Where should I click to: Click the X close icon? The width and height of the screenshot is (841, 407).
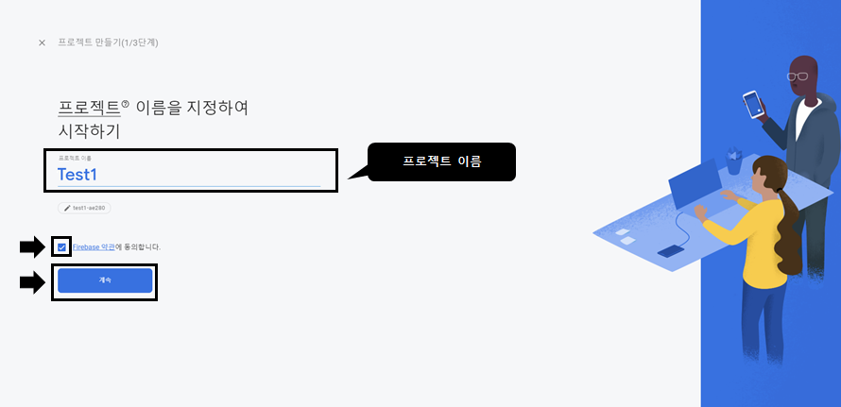tap(42, 42)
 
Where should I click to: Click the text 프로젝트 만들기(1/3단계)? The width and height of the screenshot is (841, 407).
tap(114, 42)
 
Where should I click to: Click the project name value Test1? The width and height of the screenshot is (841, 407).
tap(77, 175)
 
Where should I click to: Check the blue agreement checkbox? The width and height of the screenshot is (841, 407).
tap(61, 247)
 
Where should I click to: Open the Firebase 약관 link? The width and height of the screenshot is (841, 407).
tap(94, 247)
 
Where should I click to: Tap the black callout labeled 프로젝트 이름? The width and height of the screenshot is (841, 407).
tap(441, 161)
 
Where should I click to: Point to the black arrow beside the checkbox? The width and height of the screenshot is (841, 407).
tap(32, 247)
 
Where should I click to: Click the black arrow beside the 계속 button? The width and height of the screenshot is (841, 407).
tap(32, 281)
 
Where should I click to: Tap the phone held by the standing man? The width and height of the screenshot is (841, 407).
tap(753, 103)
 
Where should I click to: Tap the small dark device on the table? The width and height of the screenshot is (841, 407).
tap(670, 251)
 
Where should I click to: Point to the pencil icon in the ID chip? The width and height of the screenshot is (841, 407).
tap(67, 207)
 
